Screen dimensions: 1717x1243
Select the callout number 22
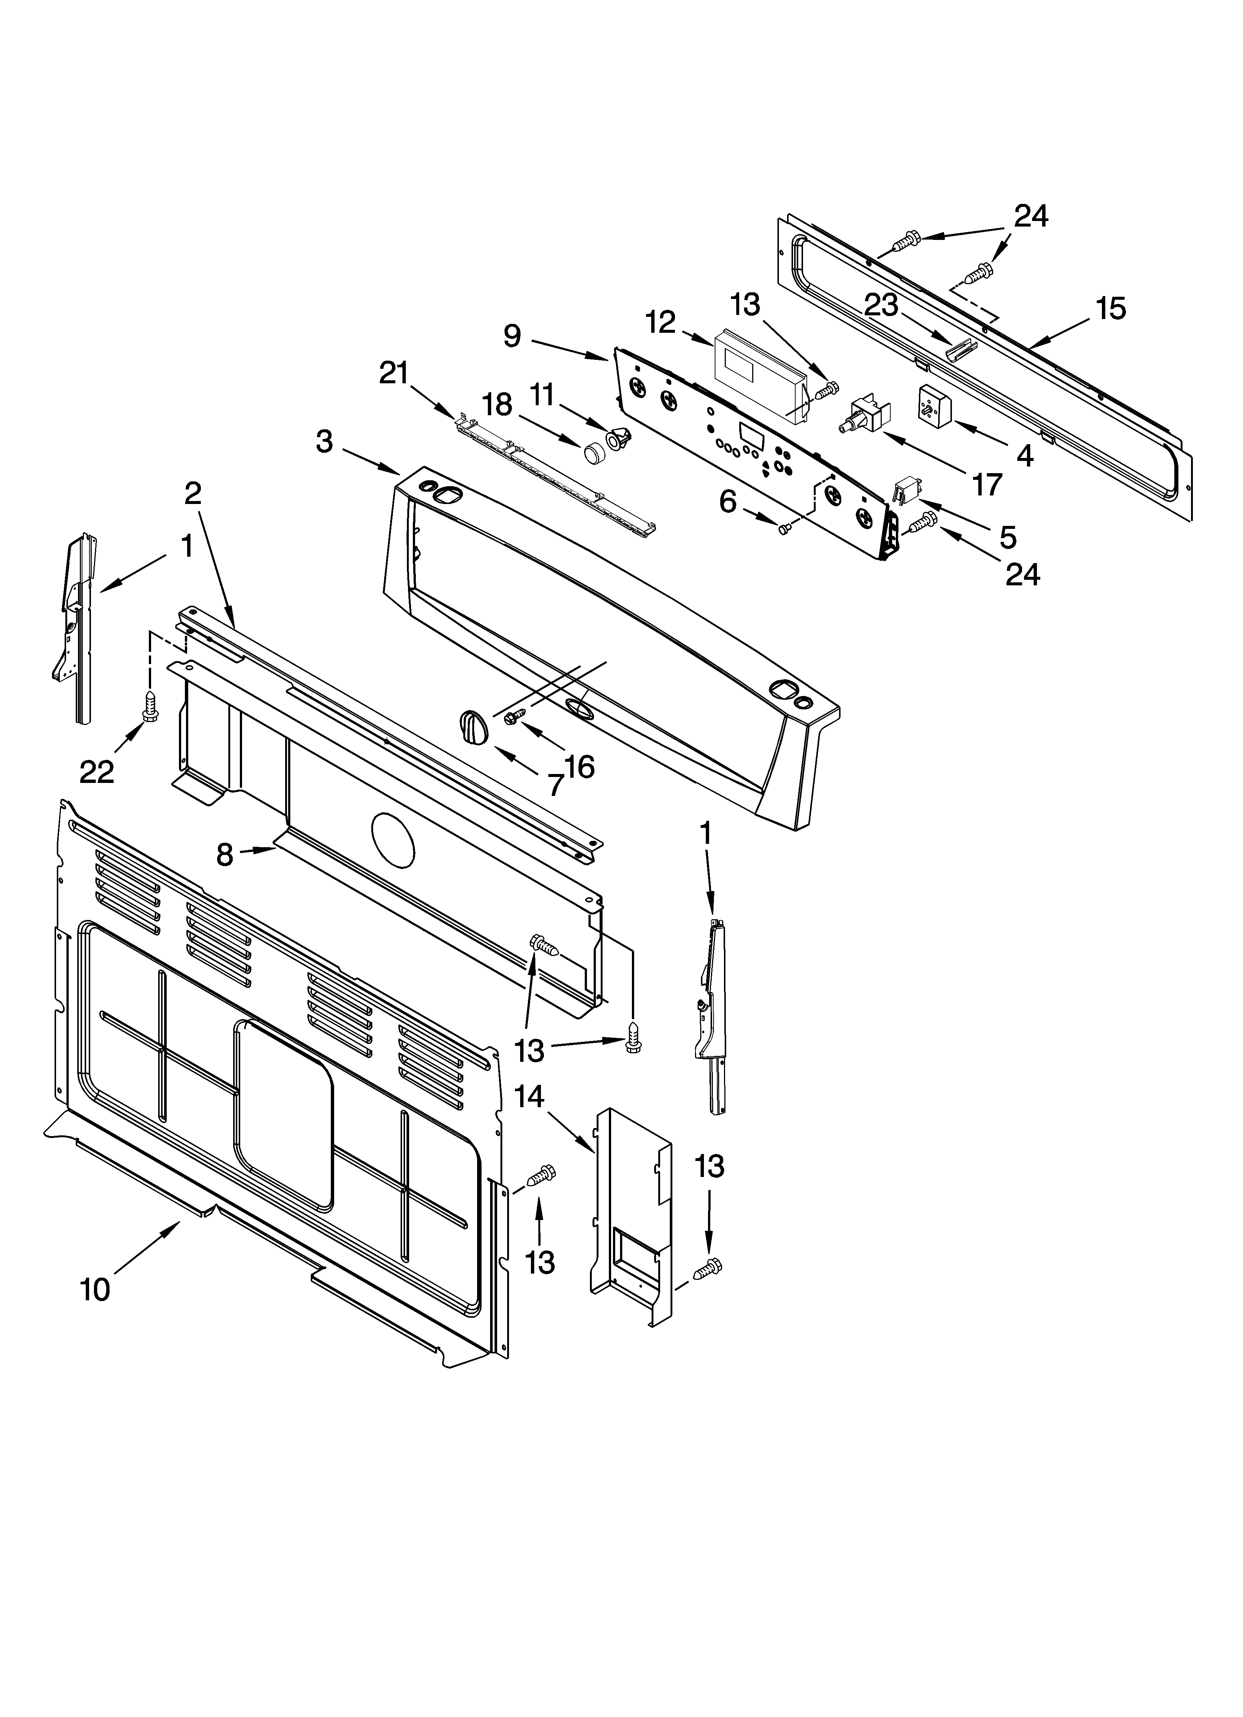click(97, 771)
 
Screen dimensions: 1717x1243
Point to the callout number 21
click(394, 373)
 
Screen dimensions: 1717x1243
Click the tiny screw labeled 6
click(785, 528)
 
